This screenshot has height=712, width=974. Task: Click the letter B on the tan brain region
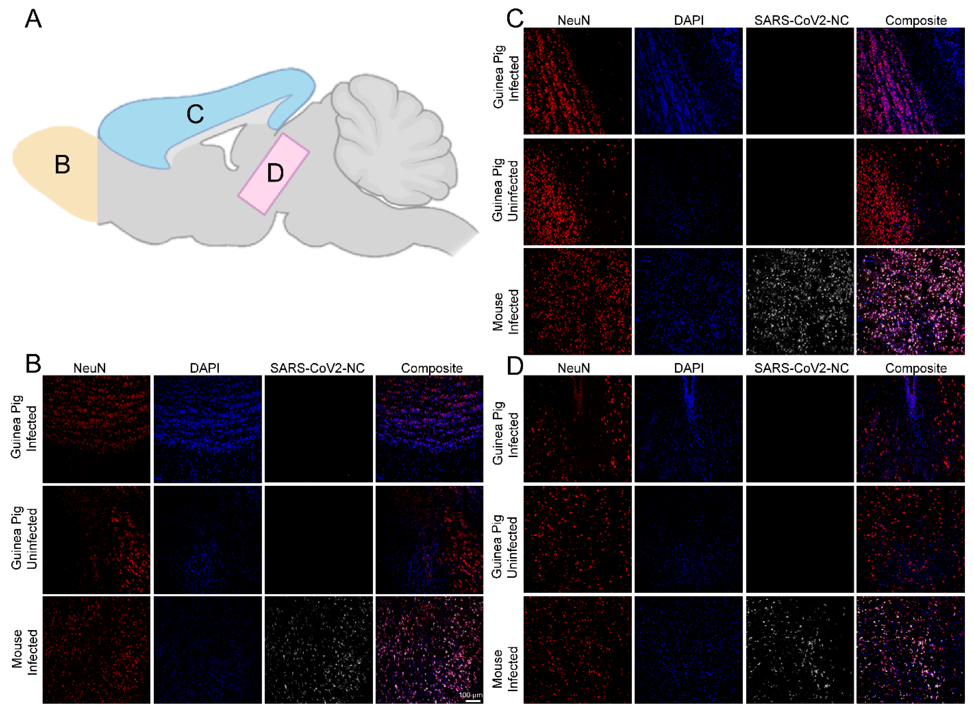point(62,165)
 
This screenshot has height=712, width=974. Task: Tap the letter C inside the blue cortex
point(195,115)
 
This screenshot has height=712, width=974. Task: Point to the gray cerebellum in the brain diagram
point(392,138)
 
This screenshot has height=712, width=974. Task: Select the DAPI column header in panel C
point(689,20)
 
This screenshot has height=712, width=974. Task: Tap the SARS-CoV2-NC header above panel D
point(801,368)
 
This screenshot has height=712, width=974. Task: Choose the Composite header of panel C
point(916,20)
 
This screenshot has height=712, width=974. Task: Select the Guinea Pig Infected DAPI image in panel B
point(207,429)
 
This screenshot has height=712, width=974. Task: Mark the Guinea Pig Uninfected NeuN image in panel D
point(578,540)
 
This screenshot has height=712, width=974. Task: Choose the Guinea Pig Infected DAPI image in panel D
point(688,429)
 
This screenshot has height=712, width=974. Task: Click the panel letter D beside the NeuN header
point(515,366)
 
